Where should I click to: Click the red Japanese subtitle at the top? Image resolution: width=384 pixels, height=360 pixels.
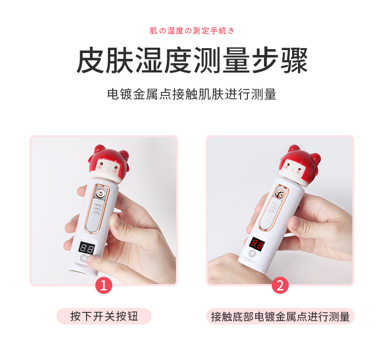(192, 31)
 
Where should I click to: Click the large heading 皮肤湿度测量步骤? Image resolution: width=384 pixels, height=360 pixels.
(192, 60)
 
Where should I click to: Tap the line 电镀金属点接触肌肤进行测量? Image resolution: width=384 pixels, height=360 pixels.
(192, 94)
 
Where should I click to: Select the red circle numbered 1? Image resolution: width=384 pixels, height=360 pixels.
(103, 285)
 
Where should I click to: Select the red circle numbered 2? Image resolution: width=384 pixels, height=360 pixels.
(279, 285)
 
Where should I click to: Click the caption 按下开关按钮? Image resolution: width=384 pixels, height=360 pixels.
(104, 316)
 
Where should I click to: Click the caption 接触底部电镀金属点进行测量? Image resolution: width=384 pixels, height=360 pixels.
(280, 316)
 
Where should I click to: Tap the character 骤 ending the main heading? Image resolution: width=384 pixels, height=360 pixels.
(294, 60)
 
